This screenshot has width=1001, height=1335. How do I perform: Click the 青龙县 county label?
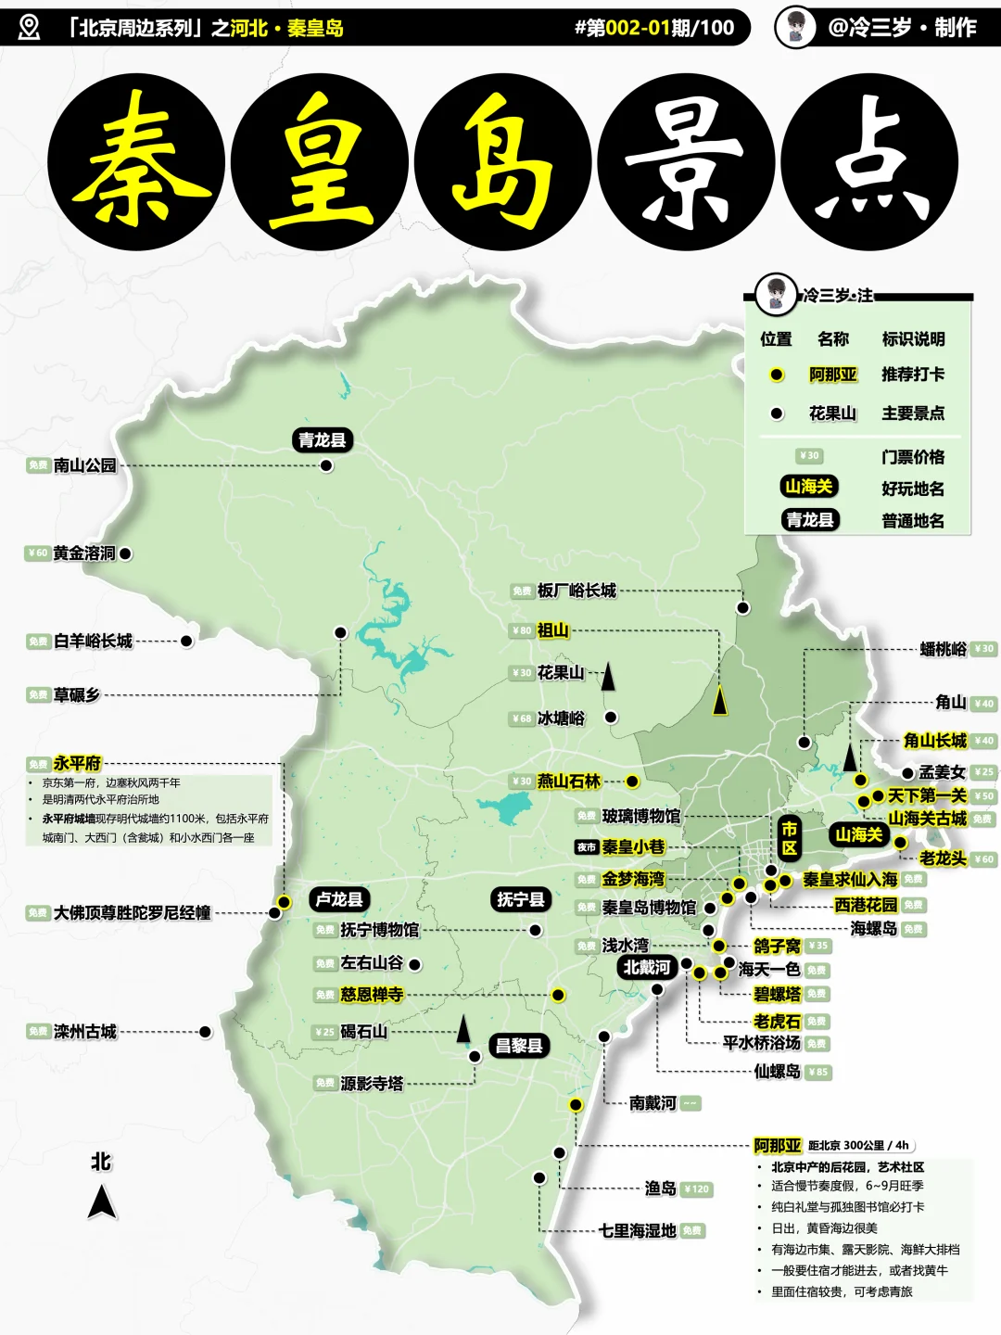tap(323, 439)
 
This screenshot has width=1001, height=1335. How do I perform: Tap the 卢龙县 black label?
tap(339, 899)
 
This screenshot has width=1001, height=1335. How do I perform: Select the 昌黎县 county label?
tap(519, 1046)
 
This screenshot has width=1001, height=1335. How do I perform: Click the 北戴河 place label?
tap(647, 968)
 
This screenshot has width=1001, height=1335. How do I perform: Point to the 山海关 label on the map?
tap(859, 834)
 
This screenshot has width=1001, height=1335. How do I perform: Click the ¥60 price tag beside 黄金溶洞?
tap(37, 553)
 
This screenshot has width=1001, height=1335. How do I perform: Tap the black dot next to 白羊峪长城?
tap(186, 641)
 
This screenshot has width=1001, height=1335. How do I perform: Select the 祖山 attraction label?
tap(553, 630)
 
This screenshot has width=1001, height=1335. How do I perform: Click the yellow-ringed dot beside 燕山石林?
tap(632, 782)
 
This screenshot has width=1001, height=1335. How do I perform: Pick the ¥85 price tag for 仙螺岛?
tap(818, 1073)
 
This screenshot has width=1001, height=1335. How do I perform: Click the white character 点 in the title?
tap(869, 162)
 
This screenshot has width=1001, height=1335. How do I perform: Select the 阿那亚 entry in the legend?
tap(832, 375)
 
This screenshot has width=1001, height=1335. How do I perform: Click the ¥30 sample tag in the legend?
tap(809, 456)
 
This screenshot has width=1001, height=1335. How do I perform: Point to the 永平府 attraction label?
tap(77, 763)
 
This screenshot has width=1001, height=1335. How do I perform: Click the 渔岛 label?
tap(661, 1189)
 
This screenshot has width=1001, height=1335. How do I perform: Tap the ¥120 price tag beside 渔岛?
tap(697, 1189)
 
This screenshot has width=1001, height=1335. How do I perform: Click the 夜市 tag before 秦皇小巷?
tap(587, 847)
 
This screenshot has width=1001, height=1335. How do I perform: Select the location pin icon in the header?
tap(30, 28)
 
